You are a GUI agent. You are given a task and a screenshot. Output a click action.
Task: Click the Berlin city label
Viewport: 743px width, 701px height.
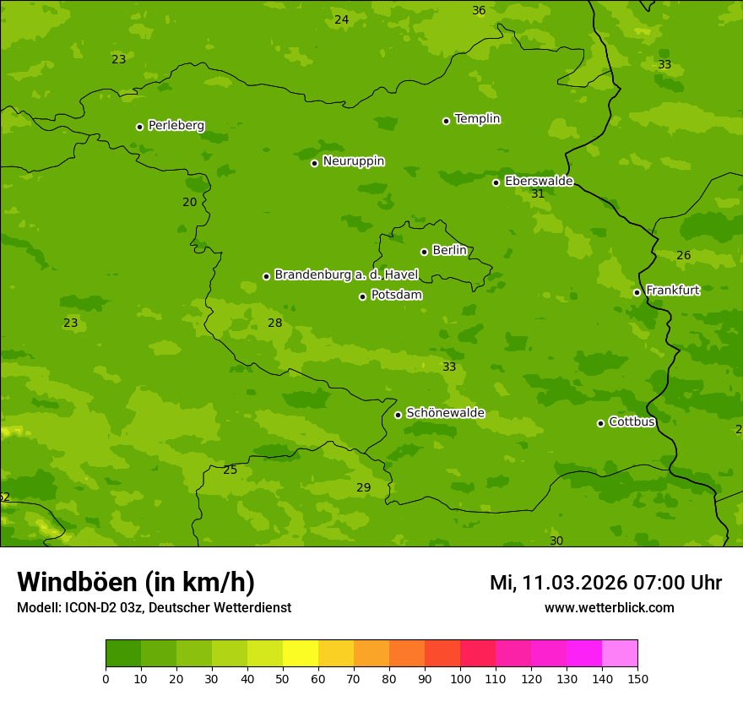pyautogui.click(x=449, y=251)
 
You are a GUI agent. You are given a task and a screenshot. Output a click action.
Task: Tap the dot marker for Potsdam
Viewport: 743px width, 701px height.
pyautogui.click(x=363, y=296)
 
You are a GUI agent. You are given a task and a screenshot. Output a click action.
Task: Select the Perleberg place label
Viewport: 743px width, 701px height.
pyautogui.click(x=176, y=126)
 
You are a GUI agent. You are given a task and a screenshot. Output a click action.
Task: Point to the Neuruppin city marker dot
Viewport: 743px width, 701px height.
pyautogui.click(x=314, y=163)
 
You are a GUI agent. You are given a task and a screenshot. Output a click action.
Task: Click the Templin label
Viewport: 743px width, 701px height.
pyautogui.click(x=477, y=119)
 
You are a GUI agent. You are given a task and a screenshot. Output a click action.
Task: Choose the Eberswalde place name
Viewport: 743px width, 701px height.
pyautogui.click(x=539, y=182)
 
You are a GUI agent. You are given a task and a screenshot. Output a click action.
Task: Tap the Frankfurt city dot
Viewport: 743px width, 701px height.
pyautogui.click(x=637, y=293)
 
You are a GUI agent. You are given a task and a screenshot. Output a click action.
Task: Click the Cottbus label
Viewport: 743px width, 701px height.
pyautogui.click(x=632, y=422)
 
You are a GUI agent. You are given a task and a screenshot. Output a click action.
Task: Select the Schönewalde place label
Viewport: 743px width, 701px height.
pyautogui.click(x=445, y=413)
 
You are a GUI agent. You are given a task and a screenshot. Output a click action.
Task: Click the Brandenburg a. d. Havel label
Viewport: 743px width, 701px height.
pyautogui.click(x=346, y=275)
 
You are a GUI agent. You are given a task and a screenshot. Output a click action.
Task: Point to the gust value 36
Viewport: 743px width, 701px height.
pyautogui.click(x=479, y=11)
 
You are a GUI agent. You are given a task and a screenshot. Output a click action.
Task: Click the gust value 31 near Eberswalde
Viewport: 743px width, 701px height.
pyautogui.click(x=538, y=194)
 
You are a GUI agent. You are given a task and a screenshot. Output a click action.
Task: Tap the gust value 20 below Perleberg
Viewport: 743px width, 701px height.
pyautogui.click(x=189, y=203)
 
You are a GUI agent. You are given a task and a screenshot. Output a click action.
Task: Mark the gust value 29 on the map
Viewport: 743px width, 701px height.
pyautogui.click(x=363, y=488)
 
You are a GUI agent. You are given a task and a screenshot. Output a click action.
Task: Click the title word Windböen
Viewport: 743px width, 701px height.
pyautogui.click(x=78, y=582)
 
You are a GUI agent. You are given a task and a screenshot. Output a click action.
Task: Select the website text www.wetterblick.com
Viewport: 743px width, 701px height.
pyautogui.click(x=609, y=608)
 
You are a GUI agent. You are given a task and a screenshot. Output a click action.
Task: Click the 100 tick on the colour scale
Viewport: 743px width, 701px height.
pyautogui.click(x=460, y=678)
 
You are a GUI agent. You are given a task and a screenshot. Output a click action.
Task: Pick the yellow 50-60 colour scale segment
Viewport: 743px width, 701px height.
pyautogui.click(x=301, y=654)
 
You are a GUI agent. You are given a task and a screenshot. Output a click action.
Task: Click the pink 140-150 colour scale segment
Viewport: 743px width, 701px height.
pyautogui.click(x=620, y=654)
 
